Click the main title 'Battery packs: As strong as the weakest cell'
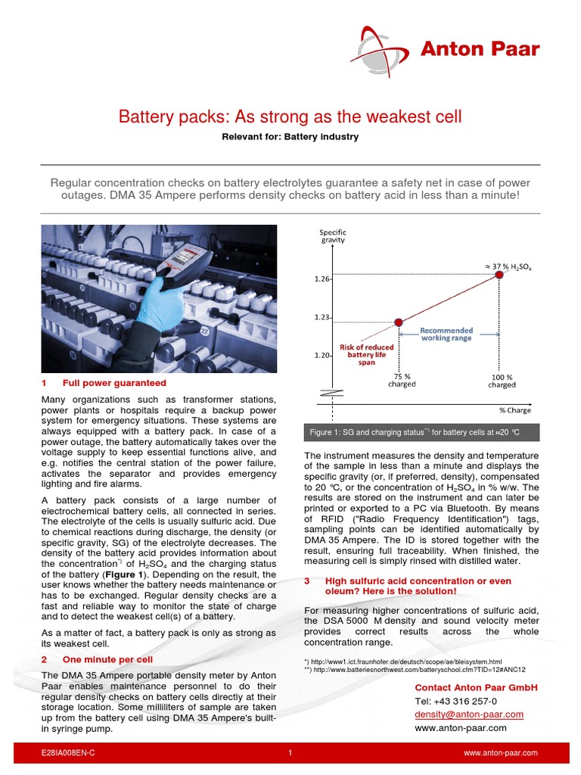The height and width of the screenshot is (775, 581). click(x=290, y=117)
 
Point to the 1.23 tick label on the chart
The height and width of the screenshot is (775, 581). click(x=322, y=318)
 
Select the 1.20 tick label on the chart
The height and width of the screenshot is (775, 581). click(x=322, y=355)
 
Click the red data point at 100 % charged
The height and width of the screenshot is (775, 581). click(x=499, y=274)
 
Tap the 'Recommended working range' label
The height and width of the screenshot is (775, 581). click(x=446, y=334)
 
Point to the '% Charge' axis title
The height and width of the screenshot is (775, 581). click(x=515, y=409)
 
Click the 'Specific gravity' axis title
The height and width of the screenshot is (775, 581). click(x=332, y=235)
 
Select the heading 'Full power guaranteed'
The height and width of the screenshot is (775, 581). click(x=114, y=383)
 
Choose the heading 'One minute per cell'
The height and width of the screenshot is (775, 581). click(x=107, y=659)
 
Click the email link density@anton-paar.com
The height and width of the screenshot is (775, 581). click(x=469, y=714)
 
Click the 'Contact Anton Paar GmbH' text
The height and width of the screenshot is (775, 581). click(x=476, y=687)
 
